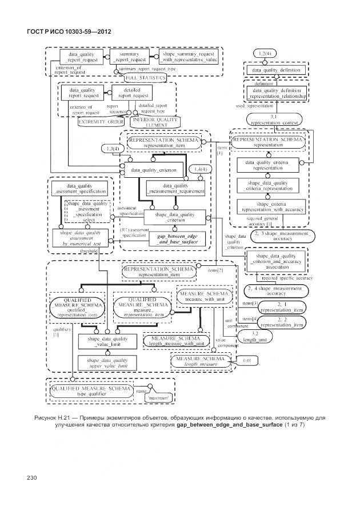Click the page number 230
31,477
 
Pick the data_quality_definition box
275,70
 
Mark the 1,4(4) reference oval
199,170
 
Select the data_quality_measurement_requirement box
175,189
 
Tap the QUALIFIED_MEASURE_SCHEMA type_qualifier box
91,392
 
